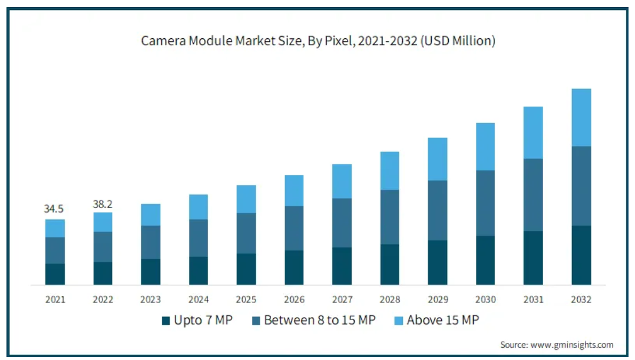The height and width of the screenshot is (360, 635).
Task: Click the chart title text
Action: [x=318, y=41]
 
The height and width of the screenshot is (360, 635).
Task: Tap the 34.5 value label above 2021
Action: [x=54, y=209]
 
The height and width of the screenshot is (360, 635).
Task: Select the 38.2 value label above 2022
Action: [x=102, y=204]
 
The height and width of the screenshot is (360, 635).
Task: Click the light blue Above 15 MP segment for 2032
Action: [x=581, y=117]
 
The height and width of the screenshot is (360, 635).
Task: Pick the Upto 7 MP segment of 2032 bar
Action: [x=581, y=255]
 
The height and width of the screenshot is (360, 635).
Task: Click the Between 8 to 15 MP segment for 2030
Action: [x=485, y=203]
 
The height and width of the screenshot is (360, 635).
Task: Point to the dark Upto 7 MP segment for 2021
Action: [x=55, y=274]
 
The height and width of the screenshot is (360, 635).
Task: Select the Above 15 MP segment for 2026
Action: [x=294, y=190]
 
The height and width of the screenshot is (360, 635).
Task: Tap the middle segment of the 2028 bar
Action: [x=389, y=217]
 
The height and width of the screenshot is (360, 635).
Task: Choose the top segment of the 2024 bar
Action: [x=199, y=207]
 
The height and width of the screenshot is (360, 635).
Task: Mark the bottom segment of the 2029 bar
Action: [x=437, y=262]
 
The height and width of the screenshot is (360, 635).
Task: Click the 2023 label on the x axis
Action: [x=150, y=299]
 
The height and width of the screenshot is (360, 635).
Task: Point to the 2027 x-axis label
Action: [x=342, y=299]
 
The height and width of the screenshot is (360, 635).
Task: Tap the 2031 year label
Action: [x=533, y=299]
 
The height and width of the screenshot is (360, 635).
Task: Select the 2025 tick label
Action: [x=246, y=299]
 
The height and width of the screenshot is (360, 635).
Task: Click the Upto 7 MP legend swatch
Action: [x=166, y=321]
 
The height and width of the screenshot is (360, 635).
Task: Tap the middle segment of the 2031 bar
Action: [x=533, y=194]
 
